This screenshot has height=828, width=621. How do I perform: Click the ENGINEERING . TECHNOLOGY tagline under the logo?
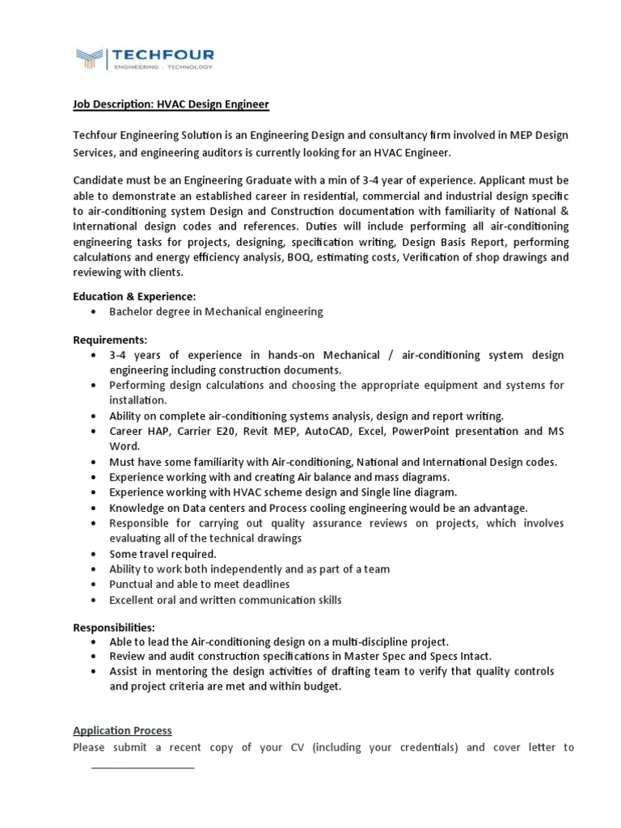(x=162, y=67)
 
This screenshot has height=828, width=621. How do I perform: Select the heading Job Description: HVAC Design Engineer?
(x=171, y=104)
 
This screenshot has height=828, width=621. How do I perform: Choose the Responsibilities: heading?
(x=114, y=627)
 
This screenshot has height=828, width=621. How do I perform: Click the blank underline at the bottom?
(x=142, y=766)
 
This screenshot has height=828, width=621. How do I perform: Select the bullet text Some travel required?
(x=163, y=554)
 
